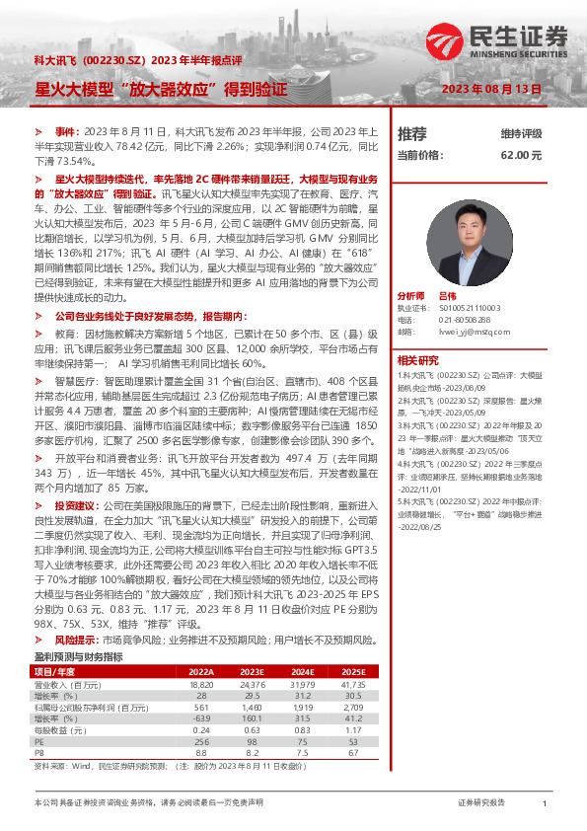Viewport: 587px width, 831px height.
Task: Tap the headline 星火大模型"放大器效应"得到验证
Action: [x=161, y=88]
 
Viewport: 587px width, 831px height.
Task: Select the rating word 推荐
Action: [x=412, y=133]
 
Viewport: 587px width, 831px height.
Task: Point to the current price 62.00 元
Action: [x=522, y=155]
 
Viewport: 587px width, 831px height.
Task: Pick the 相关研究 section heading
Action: [x=417, y=334]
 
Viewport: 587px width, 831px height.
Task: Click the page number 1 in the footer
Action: [x=545, y=804]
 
